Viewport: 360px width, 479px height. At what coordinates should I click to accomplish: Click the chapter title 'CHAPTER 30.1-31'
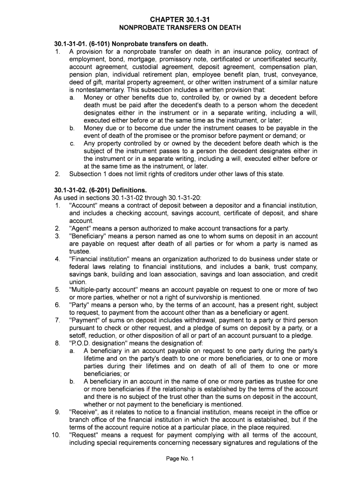pos(180,19)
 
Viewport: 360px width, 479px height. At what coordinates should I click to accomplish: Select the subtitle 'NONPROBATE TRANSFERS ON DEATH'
pos(180,28)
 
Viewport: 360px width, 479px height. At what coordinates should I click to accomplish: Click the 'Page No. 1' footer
pos(180,459)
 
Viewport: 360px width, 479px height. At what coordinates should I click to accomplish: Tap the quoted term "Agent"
pos(80,228)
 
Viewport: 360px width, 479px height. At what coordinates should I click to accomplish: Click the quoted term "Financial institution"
pos(99,259)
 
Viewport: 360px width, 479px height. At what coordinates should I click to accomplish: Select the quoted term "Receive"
pos(83,412)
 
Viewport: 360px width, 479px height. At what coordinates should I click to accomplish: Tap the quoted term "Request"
pos(85,435)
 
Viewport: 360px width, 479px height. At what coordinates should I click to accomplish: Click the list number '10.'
pos(56,435)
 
